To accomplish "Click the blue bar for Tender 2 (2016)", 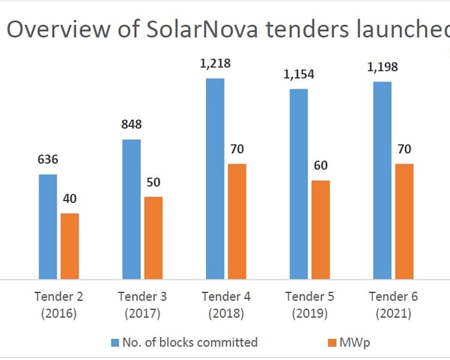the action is click(x=48, y=226).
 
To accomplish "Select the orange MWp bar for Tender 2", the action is click(x=70, y=246).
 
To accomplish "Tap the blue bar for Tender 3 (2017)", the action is click(x=131, y=209).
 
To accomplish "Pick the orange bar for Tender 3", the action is click(x=153, y=238).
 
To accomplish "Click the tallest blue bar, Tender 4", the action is click(x=215, y=179).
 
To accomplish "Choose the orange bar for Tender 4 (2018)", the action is click(x=237, y=222).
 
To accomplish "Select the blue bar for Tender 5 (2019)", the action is click(x=299, y=184).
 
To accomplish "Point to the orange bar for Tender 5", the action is click(x=320, y=230).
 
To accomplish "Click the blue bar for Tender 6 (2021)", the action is click(x=383, y=181).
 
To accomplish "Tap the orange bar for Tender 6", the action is click(x=404, y=222).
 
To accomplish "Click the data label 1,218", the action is click(x=215, y=64).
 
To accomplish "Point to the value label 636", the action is click(x=48, y=159).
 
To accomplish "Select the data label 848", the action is click(x=131, y=124).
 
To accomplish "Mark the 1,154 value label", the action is click(x=299, y=75).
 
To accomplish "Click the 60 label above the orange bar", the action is click(x=320, y=166).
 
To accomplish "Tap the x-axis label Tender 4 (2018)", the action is click(x=226, y=305).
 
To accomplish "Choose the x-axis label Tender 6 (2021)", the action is click(x=393, y=305).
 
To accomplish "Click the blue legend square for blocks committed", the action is click(x=115, y=343).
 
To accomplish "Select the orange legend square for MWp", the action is click(x=332, y=343).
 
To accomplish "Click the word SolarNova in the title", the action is click(x=202, y=29).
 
